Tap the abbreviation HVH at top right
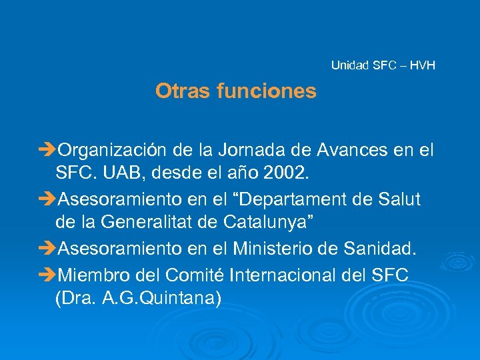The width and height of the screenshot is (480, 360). [423, 65]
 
